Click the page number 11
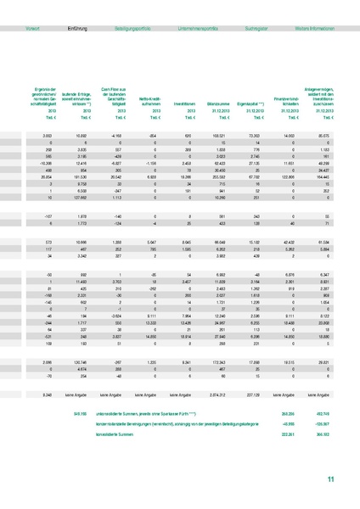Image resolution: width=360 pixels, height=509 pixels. click(331, 480)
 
